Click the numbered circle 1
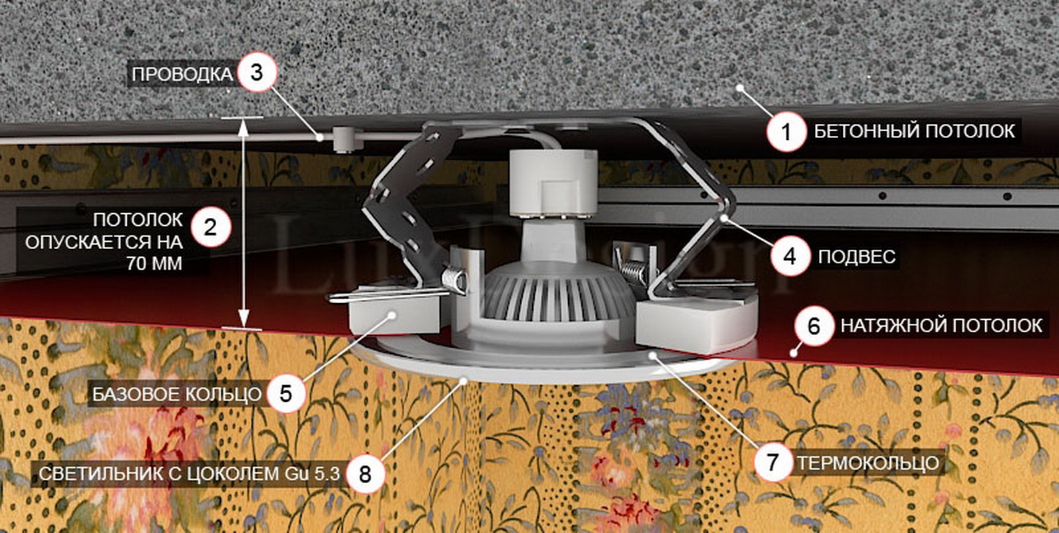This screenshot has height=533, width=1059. coord(786,132)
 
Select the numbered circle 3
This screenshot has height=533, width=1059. coord(257,73)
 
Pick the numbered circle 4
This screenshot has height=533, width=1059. coord(790,257)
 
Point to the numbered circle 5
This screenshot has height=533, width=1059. coord(285,393)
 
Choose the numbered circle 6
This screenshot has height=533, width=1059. coord(814,326)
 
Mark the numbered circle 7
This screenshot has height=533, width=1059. coord(773,462)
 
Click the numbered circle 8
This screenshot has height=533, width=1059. coord(365,474)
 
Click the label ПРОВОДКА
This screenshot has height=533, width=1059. coord(183,75)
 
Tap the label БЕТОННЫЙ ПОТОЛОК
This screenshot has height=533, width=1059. coord(914,131)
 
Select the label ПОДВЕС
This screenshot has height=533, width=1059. coord(857,257)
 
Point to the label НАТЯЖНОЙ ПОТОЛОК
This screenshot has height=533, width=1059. coord(941,325)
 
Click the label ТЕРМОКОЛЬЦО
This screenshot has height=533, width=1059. coord(868,463)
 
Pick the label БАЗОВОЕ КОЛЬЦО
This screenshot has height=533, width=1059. coord(177,394)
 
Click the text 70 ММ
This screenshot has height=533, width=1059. coord(154,264)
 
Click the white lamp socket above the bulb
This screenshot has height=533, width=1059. coord(553,183)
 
